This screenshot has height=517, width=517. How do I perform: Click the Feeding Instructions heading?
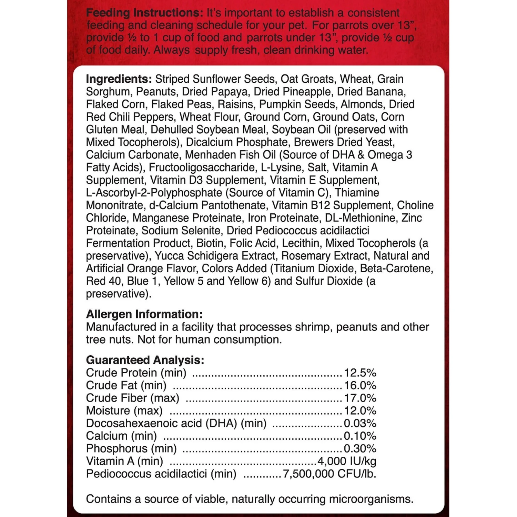click(144, 13)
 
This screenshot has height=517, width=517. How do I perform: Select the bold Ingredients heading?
click(119, 79)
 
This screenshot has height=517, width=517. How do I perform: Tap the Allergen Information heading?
click(144, 314)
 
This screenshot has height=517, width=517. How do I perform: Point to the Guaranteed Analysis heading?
click(145, 360)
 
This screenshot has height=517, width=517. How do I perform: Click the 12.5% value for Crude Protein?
click(360, 373)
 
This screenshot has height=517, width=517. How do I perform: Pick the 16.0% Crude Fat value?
click(360, 385)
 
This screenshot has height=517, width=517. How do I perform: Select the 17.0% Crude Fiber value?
click(360, 398)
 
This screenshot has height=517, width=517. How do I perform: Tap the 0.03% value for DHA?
click(360, 423)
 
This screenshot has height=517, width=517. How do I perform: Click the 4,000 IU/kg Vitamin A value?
click(347, 461)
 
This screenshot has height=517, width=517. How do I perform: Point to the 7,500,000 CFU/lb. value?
click(329, 474)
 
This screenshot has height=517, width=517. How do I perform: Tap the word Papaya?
click(233, 92)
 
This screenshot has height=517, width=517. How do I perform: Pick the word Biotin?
click(210, 243)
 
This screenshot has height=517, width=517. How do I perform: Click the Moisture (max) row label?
click(124, 410)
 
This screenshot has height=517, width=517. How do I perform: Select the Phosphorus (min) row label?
click(131, 448)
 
